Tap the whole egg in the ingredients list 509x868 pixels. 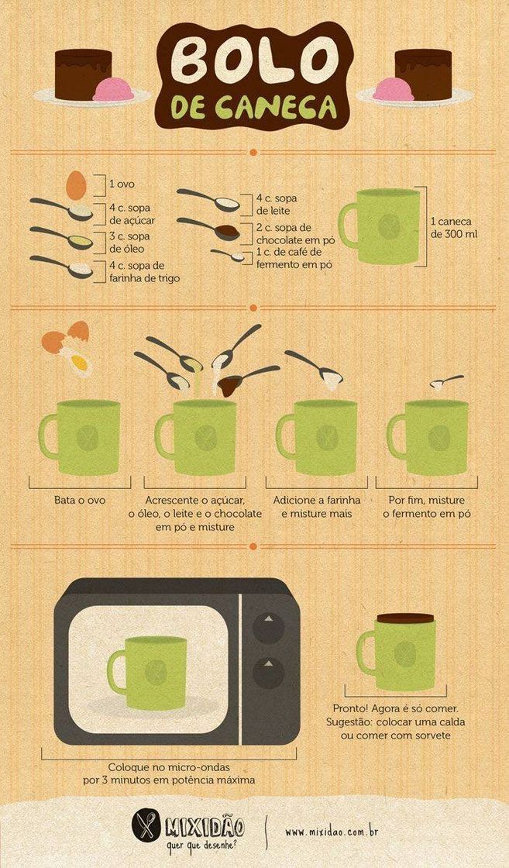[77, 185]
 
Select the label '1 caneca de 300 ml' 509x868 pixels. [454, 228]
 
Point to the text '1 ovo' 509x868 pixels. [122, 184]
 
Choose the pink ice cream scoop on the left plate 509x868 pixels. [113, 90]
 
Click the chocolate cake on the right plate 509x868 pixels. [424, 74]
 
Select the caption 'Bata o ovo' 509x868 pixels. [80, 500]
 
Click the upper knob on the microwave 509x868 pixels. [268, 628]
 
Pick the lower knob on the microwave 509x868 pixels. [268, 673]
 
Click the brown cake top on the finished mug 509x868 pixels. [405, 618]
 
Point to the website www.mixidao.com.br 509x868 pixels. [332, 832]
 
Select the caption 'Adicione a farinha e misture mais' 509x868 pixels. [316, 507]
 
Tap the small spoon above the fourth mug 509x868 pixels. [446, 382]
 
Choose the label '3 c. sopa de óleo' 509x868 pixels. [130, 243]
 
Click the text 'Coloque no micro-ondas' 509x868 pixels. [169, 767]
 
